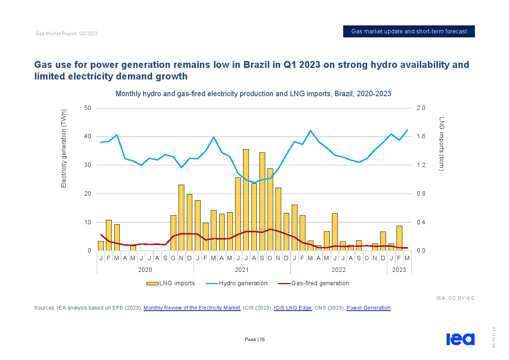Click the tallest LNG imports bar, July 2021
246,200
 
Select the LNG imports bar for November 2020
181,218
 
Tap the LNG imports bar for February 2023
399,238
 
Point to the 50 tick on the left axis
88,108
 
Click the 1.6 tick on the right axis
421,136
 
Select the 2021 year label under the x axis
242,270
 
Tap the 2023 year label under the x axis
399,270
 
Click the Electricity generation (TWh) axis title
64,148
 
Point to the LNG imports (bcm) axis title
442,144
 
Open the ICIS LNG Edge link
292,308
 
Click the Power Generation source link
368,308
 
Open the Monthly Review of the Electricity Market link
192,308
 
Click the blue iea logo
460,339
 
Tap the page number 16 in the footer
262,340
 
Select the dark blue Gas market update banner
409,32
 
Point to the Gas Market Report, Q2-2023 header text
67,34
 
